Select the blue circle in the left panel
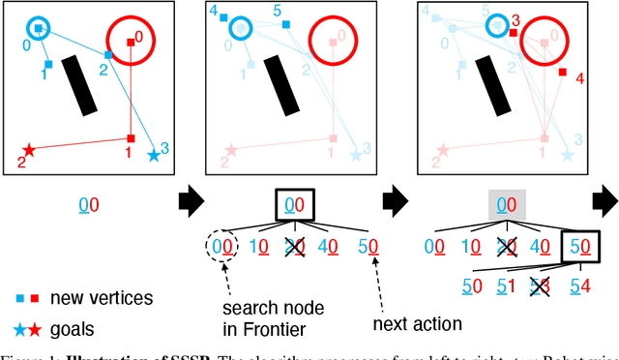pos(38,28)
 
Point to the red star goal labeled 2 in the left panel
pos(29,150)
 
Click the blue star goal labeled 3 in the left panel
pos(153,154)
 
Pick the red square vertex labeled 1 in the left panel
pos(131,138)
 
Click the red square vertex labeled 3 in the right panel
pos(514,32)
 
